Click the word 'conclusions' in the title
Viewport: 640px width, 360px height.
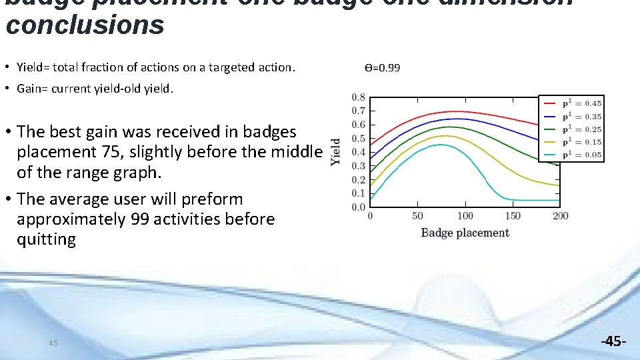[x=85, y=25]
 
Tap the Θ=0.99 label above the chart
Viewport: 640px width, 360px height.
[x=382, y=68]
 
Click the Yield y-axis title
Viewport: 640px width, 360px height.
[x=335, y=153]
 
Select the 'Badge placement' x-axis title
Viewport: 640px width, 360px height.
[x=465, y=233]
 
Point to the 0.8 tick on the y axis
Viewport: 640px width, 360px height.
[x=358, y=97]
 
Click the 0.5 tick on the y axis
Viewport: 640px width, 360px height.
[x=358, y=139]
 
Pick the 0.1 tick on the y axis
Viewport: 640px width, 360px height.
[x=358, y=193]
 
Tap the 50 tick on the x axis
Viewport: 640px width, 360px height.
[x=417, y=216]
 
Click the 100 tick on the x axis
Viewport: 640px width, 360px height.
[x=465, y=216]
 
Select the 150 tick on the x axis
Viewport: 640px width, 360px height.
[x=513, y=216]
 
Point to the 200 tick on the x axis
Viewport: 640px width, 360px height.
[x=561, y=216]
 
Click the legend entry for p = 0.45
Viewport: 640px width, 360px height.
[x=573, y=103]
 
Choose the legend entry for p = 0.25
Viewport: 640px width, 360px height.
[x=573, y=129]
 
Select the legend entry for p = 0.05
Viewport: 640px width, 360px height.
[x=573, y=155]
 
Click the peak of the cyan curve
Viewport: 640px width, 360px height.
[x=441, y=145]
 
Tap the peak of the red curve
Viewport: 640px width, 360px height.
[x=457, y=111]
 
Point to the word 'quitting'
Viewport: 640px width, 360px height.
[x=46, y=239]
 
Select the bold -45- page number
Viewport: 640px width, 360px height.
[x=613, y=341]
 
